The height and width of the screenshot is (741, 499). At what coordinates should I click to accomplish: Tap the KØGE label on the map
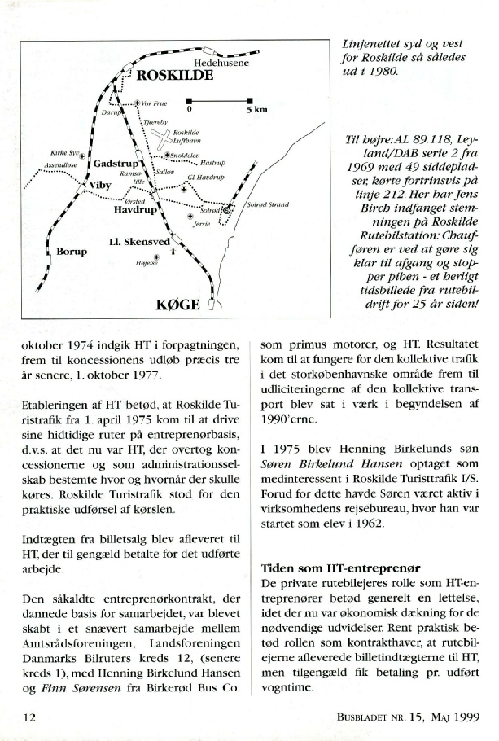pyautogui.click(x=177, y=306)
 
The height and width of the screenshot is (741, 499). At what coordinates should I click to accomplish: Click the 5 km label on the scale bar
pyautogui.click(x=257, y=109)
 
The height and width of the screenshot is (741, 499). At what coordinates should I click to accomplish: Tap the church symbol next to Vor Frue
pyautogui.click(x=136, y=103)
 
